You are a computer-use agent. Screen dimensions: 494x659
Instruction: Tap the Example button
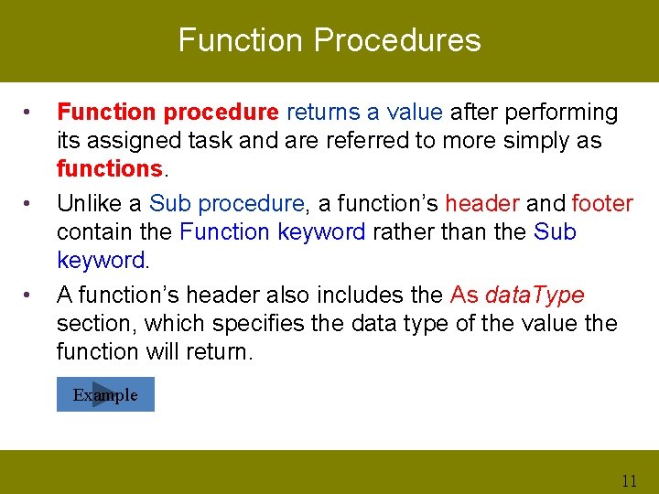pos(105,395)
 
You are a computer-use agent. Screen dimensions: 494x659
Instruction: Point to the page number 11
pos(628,480)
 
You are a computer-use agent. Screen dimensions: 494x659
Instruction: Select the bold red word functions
pos(109,169)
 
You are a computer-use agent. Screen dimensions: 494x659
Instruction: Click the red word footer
pos(602,203)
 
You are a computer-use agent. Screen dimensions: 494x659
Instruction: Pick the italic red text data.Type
pos(535,295)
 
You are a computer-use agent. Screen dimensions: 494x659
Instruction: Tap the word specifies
pos(239,323)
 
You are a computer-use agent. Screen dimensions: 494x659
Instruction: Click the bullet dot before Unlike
pos(29,203)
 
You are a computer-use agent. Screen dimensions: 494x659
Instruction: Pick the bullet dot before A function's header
pos(29,295)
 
